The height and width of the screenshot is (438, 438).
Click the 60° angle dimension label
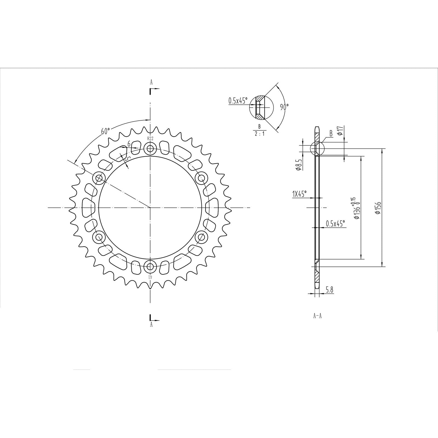coord(105,131)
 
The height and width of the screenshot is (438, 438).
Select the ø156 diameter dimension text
coord(379,208)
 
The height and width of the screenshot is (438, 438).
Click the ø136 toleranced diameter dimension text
coord(356,208)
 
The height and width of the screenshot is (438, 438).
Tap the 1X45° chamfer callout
coord(299,194)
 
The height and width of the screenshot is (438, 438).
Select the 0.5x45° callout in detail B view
coord(238,101)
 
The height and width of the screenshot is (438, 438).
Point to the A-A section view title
coord(317,316)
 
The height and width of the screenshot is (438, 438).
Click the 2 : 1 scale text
coord(259,134)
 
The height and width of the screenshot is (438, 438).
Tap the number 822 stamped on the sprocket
coord(150,139)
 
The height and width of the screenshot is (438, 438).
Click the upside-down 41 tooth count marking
coord(150,277)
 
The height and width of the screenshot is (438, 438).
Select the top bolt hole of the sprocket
coord(150,149)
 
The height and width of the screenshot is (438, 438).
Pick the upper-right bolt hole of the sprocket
coord(201,178)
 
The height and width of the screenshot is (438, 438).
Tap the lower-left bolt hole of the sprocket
coord(99,237)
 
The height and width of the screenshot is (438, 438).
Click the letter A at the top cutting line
coord(151,82)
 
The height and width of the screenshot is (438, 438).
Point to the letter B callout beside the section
coord(331,134)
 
